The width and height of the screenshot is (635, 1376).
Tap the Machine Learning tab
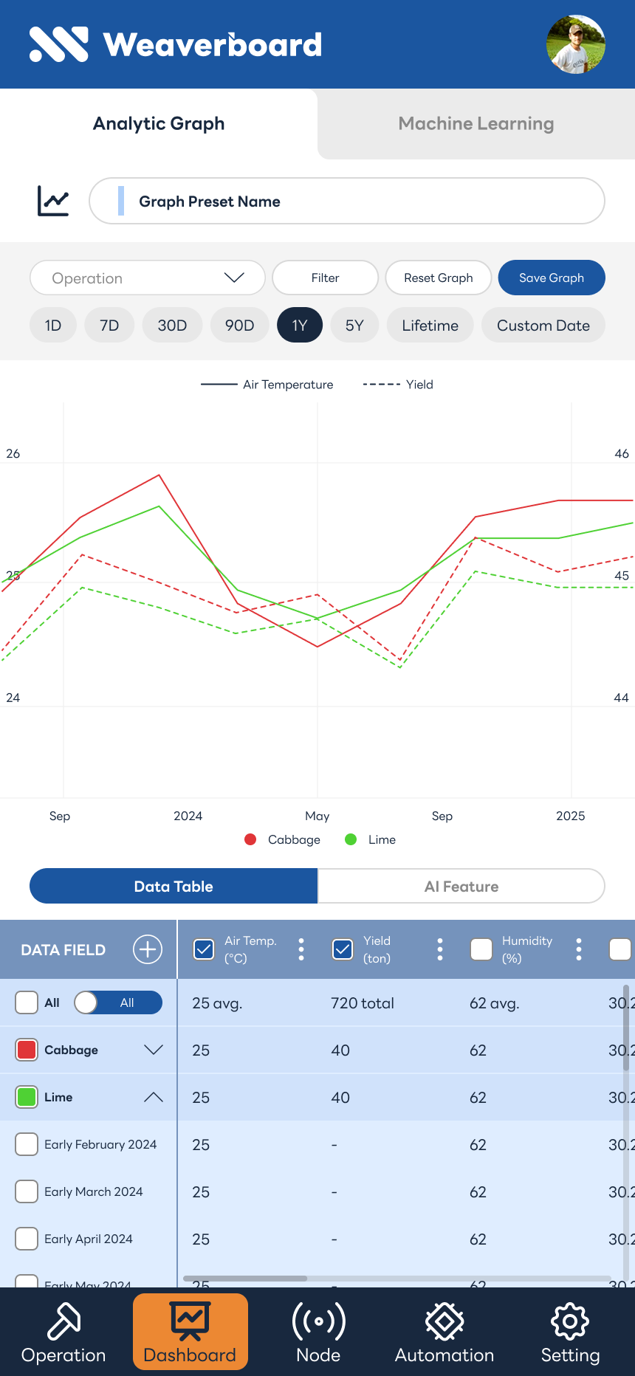[476, 124]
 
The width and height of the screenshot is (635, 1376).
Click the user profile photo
[576, 44]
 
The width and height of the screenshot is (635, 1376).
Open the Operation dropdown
[148, 278]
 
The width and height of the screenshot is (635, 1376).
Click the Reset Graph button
[439, 278]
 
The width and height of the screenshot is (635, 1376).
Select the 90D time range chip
[239, 326]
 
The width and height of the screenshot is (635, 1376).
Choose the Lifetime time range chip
[430, 326]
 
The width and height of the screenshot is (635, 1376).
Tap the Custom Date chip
[543, 326]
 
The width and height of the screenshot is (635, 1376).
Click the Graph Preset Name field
[347, 202]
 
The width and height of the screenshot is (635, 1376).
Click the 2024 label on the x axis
[188, 816]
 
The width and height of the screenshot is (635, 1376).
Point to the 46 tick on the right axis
[622, 454]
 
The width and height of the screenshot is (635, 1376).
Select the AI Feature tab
[461, 887]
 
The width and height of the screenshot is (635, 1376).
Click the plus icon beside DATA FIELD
[148, 949]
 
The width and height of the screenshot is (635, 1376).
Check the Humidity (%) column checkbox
[481, 949]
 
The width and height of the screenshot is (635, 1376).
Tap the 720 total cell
[363, 1003]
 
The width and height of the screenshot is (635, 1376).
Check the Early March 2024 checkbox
[27, 1191]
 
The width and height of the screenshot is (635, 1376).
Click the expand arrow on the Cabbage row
[154, 1050]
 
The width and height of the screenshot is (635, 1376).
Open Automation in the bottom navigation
[444, 1332]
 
